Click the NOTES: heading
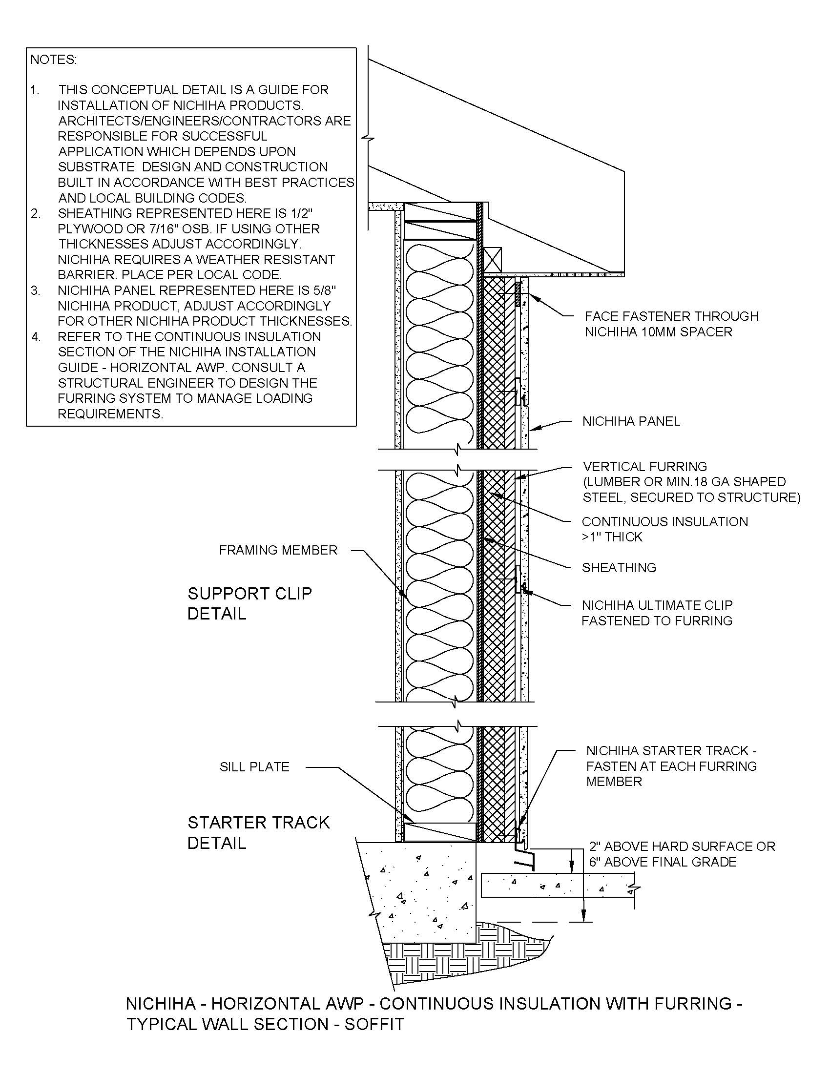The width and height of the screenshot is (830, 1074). [54, 60]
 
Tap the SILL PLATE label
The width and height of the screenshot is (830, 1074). [254, 766]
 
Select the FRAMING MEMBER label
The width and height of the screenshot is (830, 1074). [278, 550]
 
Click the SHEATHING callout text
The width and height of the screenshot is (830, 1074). [619, 567]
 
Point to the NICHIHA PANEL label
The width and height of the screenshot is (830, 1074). [631, 421]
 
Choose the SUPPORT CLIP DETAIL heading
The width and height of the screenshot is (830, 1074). [249, 603]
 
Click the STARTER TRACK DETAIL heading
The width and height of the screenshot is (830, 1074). [258, 832]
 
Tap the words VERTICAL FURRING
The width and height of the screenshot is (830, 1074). [644, 466]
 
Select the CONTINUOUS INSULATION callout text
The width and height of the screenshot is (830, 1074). [664, 522]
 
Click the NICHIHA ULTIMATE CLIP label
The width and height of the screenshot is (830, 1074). [657, 605]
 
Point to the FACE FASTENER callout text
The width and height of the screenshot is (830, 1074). [671, 316]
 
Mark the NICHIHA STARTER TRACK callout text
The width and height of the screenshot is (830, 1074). [671, 751]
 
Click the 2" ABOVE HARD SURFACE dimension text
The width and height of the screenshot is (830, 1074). [682, 847]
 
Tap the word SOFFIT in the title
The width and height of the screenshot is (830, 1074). [374, 1024]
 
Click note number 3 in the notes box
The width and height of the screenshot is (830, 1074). [36, 290]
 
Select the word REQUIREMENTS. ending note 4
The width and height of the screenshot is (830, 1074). [110, 414]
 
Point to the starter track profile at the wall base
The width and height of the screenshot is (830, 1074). [524, 859]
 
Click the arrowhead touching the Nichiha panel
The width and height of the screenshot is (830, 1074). [537, 428]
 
